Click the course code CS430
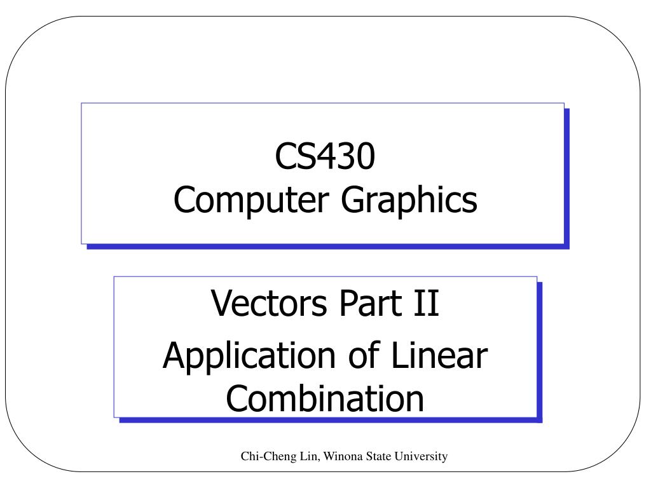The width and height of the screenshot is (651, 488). pos(325,156)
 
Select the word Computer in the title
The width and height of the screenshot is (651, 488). pos(251,200)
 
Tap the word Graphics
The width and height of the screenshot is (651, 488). pos(409,200)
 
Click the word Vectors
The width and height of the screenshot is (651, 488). pos(269,303)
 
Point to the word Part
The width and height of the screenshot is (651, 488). pos(371,303)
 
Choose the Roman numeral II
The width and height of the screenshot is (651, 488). pos(427,303)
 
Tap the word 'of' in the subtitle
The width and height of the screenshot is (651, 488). pos(364,355)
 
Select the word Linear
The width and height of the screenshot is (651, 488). pos(440,355)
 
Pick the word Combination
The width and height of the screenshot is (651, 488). pos(325,398)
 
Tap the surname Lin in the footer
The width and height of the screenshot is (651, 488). pos(310,456)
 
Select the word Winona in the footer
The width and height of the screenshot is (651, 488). pos(343,456)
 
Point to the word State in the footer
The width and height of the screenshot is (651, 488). pos(379,456)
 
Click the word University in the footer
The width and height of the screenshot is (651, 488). pos(421,457)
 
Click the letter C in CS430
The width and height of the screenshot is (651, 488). pos(285,156)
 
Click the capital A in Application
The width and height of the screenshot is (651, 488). pos(175,355)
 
